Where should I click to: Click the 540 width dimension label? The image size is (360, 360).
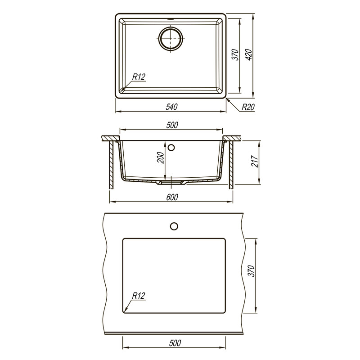(x=172, y=107)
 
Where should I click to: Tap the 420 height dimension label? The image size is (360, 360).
(x=249, y=55)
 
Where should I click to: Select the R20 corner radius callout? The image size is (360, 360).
(x=248, y=107)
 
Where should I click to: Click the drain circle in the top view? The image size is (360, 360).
(x=171, y=39)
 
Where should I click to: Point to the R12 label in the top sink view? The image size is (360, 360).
(x=139, y=77)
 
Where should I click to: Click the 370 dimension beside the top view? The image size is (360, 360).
(x=235, y=55)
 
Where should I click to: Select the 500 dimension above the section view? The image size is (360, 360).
(x=172, y=125)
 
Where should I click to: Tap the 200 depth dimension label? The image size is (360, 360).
(x=161, y=157)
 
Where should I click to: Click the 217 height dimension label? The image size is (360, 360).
(x=255, y=162)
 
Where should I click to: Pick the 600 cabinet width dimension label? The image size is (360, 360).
(x=172, y=197)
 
